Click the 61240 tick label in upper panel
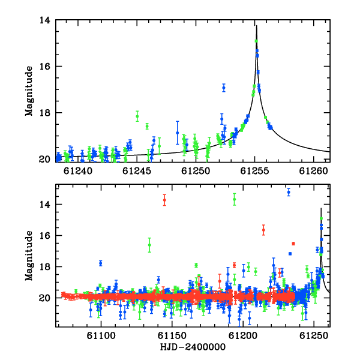coord(78,171)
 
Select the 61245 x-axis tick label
coord(137,171)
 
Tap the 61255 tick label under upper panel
coord(254,171)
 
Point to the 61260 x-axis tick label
coord(313,171)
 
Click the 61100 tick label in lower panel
coord(101,336)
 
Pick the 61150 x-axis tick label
coord(172,336)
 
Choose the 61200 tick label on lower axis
coord(243,336)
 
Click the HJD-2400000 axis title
coord(193,347)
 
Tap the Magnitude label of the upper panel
coord(29,91)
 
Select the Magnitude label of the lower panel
coord(29,256)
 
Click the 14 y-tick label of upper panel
coord(44,20)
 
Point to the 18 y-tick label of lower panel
coord(44,267)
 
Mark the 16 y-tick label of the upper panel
coord(44,67)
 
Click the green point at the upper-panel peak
coord(256,41)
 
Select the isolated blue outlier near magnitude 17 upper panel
coord(224,88)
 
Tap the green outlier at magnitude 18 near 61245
coord(137,116)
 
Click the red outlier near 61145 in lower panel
coord(164,200)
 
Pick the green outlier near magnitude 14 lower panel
coord(235,199)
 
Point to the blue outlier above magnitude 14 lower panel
coord(289,192)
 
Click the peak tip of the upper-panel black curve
coord(257,25)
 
